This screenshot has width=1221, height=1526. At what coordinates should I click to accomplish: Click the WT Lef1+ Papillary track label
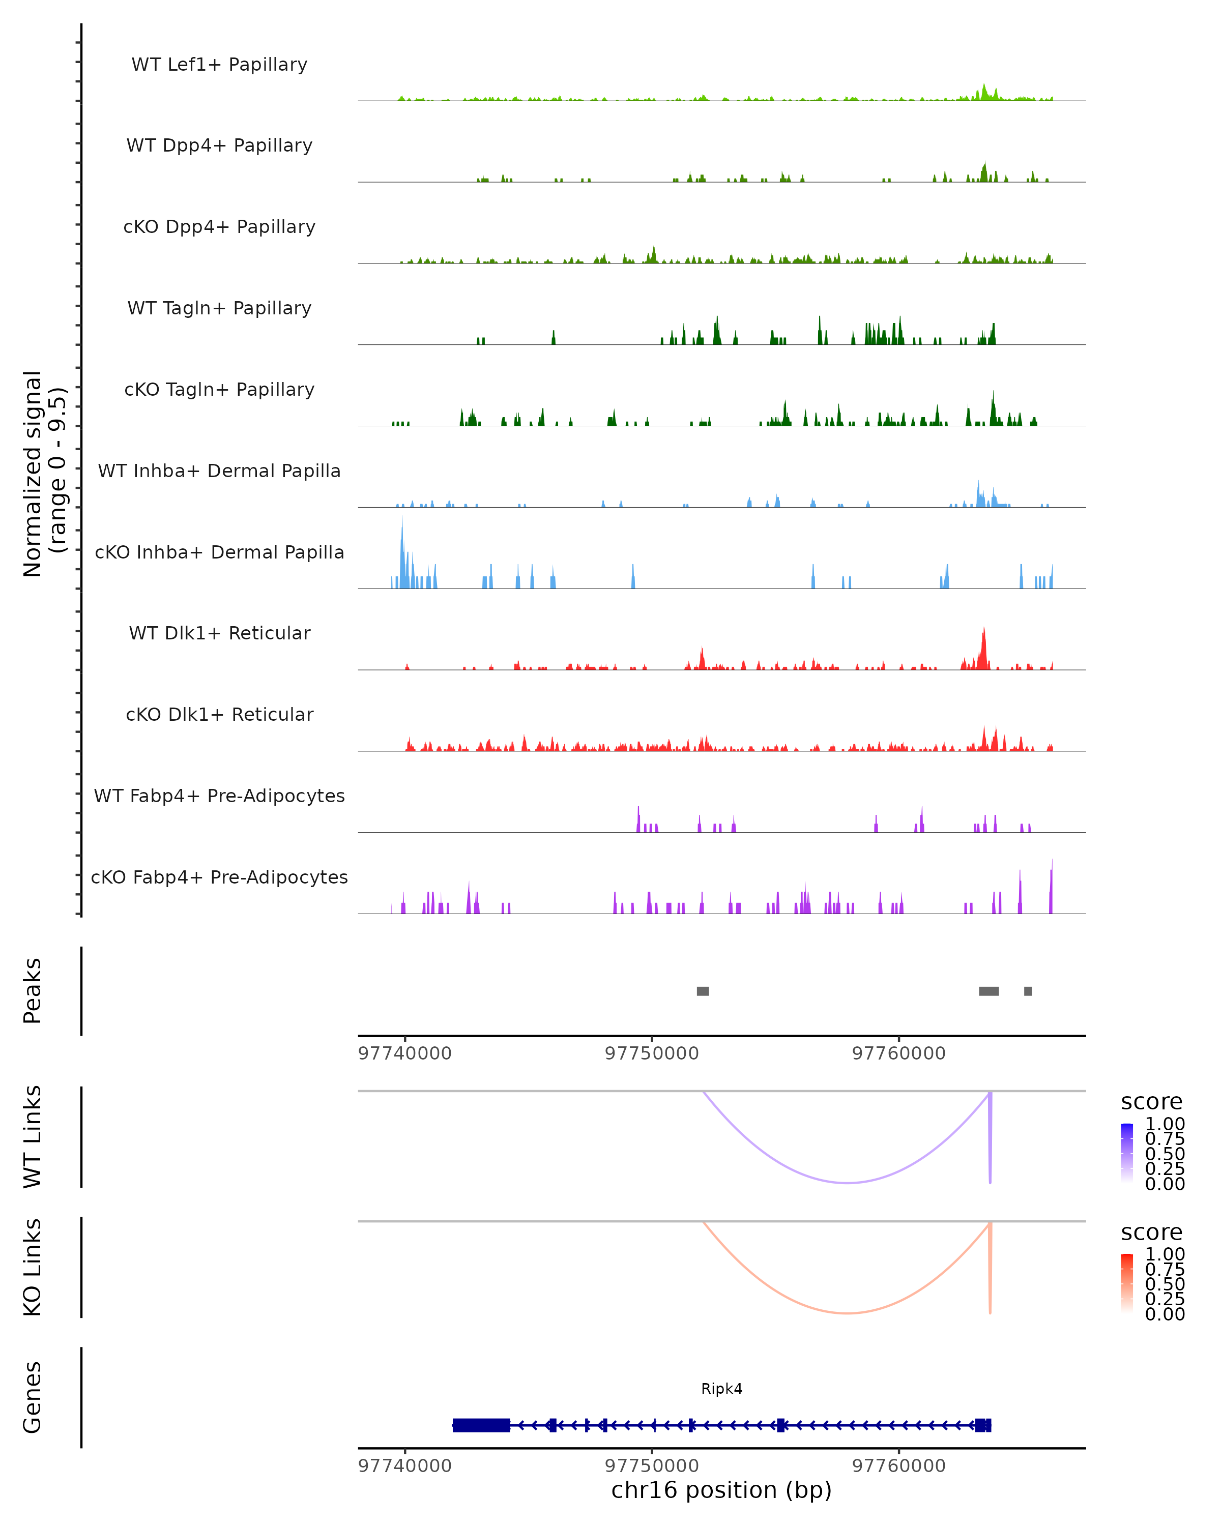[x=219, y=65]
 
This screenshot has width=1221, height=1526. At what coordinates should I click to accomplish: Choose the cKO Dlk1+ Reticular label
[x=219, y=714]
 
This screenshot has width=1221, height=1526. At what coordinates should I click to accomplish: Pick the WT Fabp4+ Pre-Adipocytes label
[x=219, y=796]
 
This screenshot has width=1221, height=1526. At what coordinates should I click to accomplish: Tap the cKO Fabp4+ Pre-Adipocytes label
[x=219, y=877]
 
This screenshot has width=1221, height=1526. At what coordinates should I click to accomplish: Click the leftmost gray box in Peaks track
[x=703, y=991]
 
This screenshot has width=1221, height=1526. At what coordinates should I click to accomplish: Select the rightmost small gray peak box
[x=1028, y=991]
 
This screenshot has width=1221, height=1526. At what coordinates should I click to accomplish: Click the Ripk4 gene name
[x=722, y=1389]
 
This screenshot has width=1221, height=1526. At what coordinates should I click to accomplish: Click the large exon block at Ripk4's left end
[x=481, y=1425]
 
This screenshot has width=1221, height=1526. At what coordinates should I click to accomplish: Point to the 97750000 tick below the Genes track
[x=652, y=1465]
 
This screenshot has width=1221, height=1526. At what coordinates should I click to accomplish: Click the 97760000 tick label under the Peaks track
[x=899, y=1053]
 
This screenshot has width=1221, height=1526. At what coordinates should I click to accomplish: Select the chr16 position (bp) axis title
[x=721, y=1490]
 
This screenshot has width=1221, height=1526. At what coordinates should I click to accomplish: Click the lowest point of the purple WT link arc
[x=847, y=1183]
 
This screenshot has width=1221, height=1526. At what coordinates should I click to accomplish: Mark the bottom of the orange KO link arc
[x=847, y=1313]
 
